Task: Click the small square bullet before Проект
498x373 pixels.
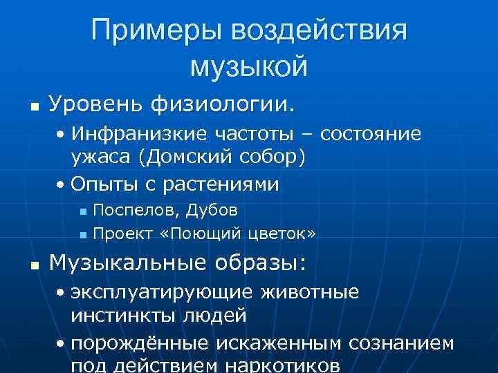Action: [x=82, y=236]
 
